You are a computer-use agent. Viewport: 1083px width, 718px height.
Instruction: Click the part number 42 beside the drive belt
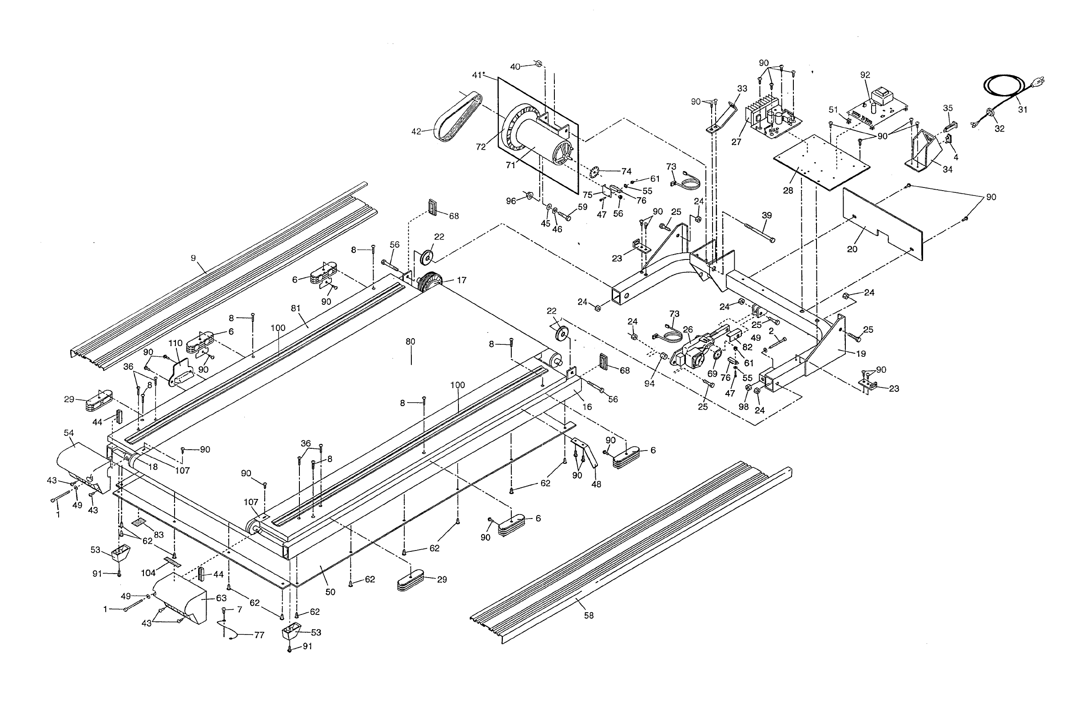416,132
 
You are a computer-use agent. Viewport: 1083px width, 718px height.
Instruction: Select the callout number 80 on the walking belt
410,342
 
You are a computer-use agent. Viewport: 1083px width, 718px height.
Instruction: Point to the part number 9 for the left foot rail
193,258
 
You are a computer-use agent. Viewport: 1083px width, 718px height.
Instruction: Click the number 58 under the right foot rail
589,616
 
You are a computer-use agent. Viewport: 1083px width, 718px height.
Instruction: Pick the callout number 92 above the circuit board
864,75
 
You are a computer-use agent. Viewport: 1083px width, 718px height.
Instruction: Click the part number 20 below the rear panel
852,249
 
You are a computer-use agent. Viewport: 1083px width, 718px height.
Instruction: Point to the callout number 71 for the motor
510,165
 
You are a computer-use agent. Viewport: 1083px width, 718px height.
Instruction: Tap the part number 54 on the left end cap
69,433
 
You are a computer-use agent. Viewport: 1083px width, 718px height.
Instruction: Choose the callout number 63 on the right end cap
221,598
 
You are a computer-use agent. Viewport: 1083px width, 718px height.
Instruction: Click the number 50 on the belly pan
330,592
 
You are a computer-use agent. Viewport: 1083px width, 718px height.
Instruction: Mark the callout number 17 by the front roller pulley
462,280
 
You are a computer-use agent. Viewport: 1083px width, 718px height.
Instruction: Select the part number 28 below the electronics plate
787,191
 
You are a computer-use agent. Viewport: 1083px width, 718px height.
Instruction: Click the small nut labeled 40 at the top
538,64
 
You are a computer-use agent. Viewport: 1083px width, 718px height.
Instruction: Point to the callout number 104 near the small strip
148,572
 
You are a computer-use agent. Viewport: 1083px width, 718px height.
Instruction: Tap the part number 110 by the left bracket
175,343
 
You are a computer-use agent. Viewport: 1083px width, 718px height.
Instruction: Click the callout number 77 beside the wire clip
259,635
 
